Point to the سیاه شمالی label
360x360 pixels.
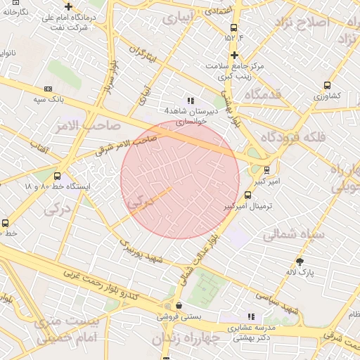[293, 235]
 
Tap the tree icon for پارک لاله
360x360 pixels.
[300, 261]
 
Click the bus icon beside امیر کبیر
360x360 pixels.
[266, 169]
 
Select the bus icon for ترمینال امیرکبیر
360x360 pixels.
[247, 195]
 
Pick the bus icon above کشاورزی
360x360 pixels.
[326, 85]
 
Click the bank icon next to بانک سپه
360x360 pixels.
[48, 89]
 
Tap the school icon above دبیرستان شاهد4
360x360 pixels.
[191, 101]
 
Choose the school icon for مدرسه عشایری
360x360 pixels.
[251, 316]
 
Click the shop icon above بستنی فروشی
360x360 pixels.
[180, 306]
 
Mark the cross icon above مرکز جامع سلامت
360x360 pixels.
[234, 55]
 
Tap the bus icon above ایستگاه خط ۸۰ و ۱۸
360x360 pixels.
[57, 176]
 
